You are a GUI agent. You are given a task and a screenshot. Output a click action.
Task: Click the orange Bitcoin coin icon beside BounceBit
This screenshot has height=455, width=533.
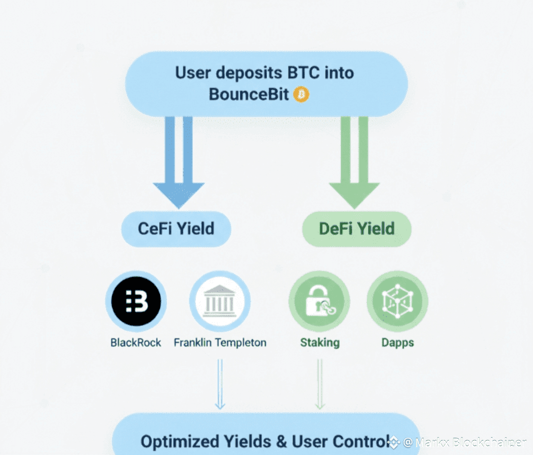301,94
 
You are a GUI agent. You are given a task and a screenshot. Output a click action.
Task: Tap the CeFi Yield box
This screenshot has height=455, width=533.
176,229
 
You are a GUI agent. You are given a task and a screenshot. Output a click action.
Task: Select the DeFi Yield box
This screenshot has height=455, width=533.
357,229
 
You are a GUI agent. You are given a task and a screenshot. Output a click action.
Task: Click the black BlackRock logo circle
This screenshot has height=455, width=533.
136,301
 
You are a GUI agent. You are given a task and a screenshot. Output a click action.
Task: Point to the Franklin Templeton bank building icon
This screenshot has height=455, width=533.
220,301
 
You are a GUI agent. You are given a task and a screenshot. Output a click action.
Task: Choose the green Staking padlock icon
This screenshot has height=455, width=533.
320,301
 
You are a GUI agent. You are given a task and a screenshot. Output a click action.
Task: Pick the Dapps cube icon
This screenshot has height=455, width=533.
397,301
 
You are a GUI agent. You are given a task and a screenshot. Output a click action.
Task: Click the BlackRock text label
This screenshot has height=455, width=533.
136,342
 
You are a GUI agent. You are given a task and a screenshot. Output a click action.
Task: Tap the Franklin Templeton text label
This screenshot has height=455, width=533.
220,342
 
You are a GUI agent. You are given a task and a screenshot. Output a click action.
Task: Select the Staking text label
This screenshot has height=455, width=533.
320,342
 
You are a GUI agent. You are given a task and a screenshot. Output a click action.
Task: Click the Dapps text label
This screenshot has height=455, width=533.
397,342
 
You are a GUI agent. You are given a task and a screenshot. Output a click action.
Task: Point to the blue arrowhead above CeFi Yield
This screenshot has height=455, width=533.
178,195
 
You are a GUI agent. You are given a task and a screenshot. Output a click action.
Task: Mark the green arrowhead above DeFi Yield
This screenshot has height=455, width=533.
354,195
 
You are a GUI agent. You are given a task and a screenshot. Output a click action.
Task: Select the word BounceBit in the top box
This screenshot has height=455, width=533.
248,94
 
